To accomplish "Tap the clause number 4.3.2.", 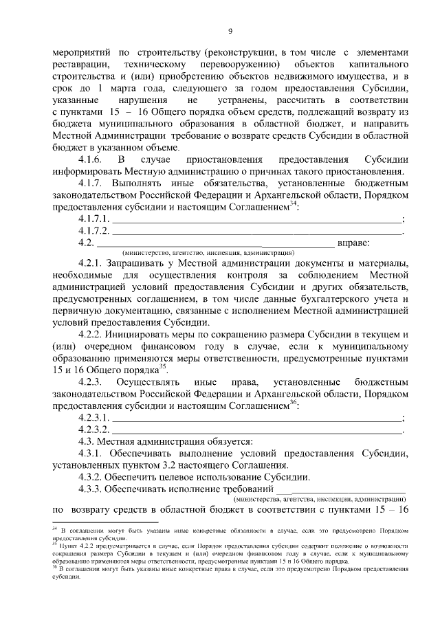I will pos(91,477).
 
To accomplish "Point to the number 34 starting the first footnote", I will pos(55,529).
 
